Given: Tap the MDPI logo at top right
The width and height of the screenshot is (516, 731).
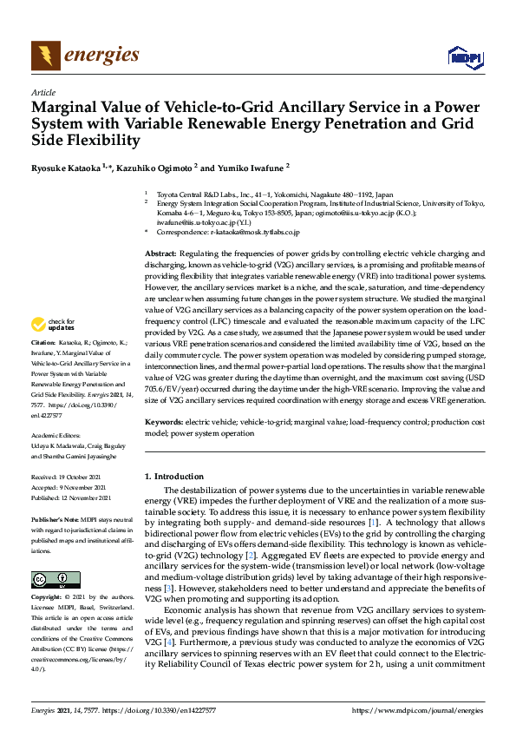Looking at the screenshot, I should (463, 57).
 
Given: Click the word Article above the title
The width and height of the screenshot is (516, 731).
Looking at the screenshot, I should (43, 92).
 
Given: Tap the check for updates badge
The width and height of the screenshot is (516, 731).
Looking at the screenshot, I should (52, 325).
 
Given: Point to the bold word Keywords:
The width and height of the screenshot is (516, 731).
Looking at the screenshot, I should (164, 421).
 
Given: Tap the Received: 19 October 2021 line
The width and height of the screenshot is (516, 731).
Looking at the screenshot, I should (70, 477).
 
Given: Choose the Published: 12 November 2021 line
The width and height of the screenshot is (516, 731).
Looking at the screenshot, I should (73, 497).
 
